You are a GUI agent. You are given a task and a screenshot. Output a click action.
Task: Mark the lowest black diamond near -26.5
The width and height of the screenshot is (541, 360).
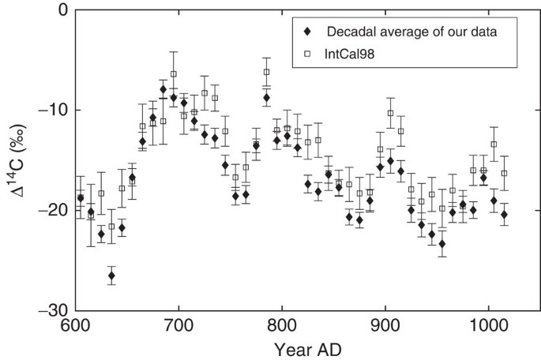(111, 276)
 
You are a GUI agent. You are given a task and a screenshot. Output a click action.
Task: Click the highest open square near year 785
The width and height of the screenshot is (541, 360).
(266, 72)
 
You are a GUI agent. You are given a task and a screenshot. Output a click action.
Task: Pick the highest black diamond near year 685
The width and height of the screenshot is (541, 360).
(163, 89)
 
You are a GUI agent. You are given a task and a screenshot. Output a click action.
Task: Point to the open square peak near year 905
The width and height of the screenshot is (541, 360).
(390, 113)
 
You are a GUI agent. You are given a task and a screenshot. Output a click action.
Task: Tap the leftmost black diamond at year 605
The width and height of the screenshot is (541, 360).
(80, 197)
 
